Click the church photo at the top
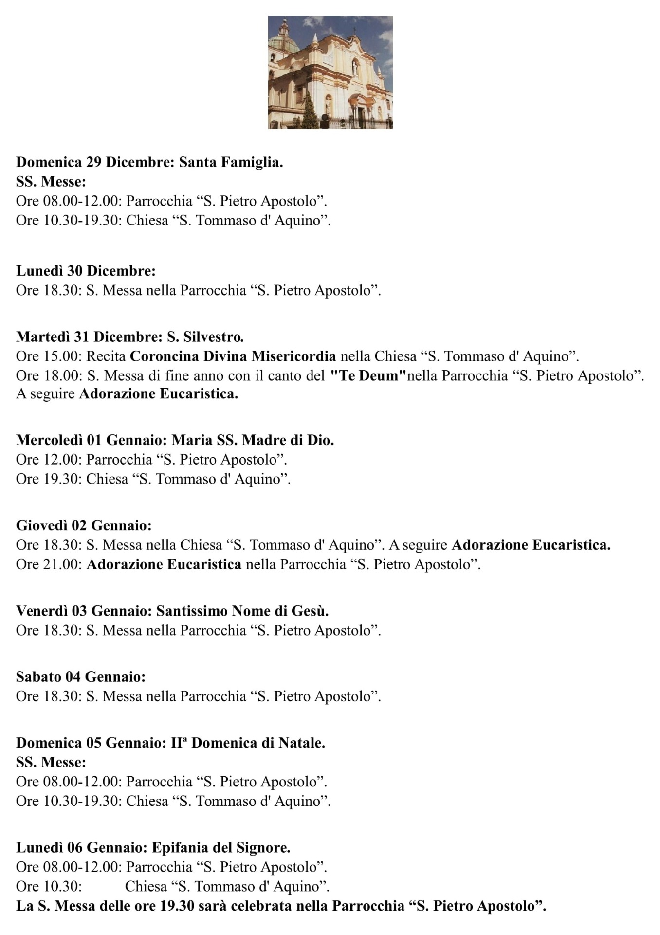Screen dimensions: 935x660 330,72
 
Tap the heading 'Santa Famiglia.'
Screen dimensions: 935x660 231,162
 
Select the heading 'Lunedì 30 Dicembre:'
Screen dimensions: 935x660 86,270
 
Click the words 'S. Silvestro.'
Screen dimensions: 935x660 205,337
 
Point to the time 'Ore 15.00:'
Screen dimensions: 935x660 49,356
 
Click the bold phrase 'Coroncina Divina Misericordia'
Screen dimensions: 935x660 233,356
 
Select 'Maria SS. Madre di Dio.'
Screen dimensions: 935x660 253,440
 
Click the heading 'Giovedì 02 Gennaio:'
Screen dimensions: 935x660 84,525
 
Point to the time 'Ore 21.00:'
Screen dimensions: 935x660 49,564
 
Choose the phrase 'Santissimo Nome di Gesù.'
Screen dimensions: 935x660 242,610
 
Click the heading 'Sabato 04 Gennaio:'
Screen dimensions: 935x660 81,676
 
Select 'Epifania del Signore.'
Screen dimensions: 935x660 221,847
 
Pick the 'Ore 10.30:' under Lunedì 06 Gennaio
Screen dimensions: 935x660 49,886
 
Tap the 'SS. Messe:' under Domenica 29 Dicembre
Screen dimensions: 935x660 51,181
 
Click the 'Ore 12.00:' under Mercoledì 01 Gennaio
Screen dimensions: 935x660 49,459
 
